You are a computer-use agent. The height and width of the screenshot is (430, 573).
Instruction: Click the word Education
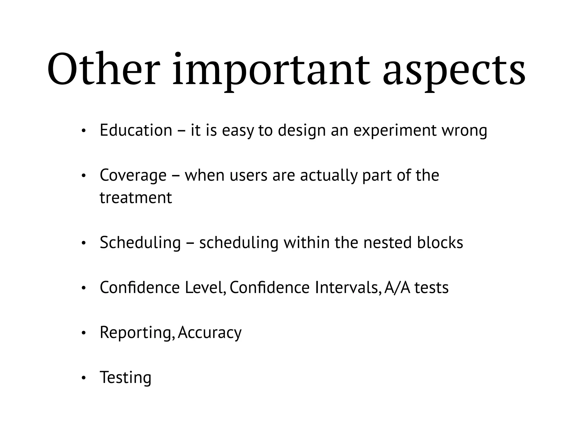tap(136, 130)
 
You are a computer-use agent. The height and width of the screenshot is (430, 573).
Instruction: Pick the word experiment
tap(395, 131)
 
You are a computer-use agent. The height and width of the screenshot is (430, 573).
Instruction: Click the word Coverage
tap(133, 176)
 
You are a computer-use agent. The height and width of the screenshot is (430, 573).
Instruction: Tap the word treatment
tap(136, 198)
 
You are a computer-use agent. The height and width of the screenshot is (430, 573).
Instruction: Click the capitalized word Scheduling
tap(140, 243)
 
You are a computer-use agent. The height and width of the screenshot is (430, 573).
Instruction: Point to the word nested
tap(387, 242)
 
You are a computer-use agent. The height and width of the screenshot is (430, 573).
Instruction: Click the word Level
tap(205, 288)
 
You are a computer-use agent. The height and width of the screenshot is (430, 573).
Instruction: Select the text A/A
tap(397, 288)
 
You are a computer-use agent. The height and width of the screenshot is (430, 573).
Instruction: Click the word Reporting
tap(137, 333)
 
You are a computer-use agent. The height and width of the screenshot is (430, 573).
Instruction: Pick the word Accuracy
tap(210, 333)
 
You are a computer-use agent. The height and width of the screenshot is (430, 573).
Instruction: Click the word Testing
tap(126, 377)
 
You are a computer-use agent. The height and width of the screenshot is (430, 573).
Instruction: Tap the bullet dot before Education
tap(83, 131)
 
